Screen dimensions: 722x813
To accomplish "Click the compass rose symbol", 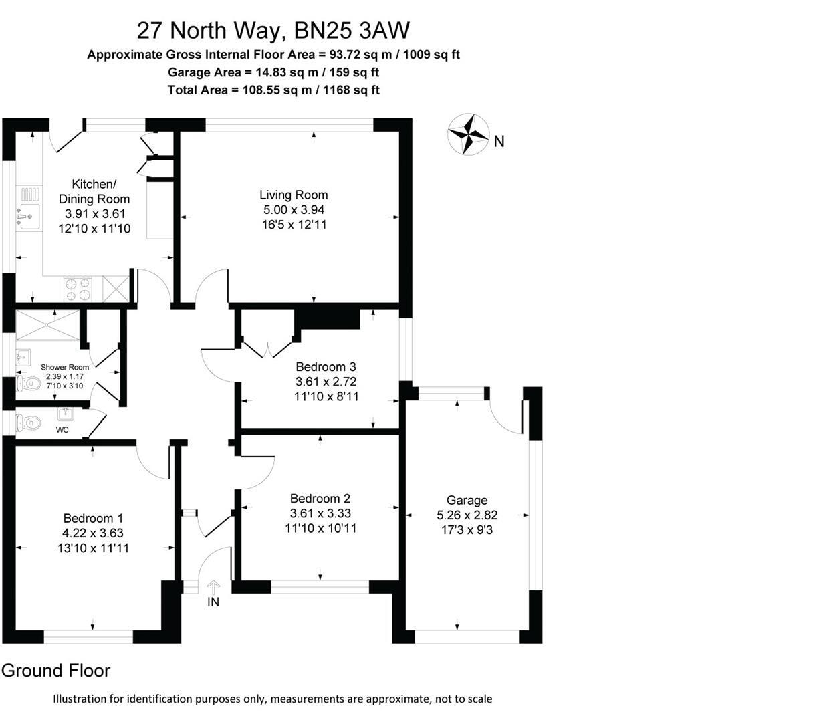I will (x=468, y=134).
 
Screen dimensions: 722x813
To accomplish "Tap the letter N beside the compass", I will (x=499, y=141).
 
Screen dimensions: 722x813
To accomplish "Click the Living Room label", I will (x=294, y=195).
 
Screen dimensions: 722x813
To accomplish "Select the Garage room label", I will (x=467, y=500).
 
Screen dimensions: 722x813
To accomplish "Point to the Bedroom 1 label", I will (x=93, y=518).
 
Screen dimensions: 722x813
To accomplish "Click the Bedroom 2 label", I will (x=320, y=499).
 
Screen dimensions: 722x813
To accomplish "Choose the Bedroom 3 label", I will (x=326, y=366).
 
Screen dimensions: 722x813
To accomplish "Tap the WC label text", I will (x=62, y=430).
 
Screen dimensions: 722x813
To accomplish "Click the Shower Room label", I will (x=64, y=367).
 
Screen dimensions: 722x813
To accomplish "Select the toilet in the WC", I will (x=28, y=422).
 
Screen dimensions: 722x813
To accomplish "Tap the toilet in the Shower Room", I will (x=28, y=383).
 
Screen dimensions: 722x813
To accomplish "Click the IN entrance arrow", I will (x=213, y=586).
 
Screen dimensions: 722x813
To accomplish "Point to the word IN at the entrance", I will (x=213, y=602).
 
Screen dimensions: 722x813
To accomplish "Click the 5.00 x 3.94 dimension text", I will (x=294, y=210).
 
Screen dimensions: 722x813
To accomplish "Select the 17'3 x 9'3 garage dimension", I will (x=467, y=530).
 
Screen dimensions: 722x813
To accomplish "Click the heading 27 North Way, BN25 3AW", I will (x=273, y=30).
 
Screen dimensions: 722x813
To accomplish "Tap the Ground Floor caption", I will (x=56, y=671).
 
